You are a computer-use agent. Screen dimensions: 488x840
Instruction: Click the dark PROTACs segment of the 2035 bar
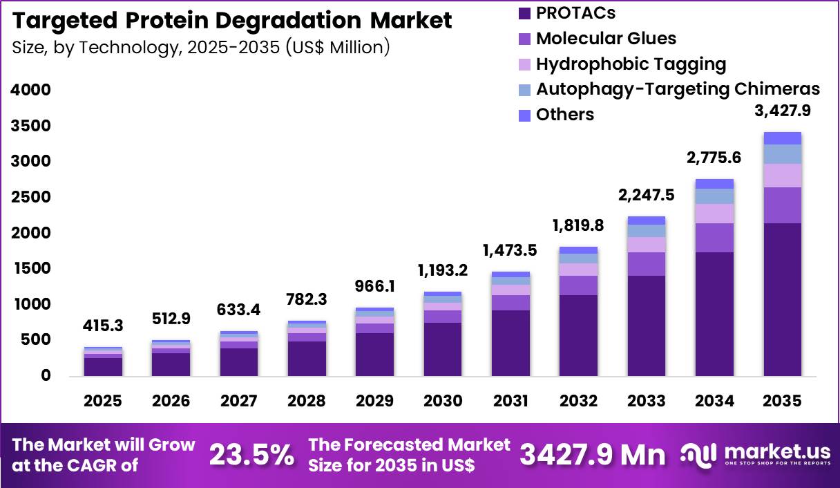coord(782,299)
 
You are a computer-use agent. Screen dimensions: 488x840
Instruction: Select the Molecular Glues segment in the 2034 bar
coord(714,238)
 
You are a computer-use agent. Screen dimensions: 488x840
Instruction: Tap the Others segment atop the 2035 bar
coord(782,138)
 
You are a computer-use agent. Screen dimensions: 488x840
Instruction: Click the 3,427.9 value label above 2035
coord(782,111)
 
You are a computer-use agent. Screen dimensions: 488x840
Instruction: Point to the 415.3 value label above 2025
coord(103,326)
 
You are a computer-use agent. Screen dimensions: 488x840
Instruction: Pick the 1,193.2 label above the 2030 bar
coord(443,270)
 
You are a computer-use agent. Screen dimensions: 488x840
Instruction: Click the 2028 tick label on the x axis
coord(307,402)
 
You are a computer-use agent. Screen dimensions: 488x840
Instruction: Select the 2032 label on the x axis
coord(579,402)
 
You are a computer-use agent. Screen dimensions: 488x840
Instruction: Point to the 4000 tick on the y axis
coord(30,90)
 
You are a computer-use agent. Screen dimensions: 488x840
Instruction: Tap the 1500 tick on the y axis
coord(30,268)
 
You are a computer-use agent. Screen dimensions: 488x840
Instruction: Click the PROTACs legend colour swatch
coord(524,12)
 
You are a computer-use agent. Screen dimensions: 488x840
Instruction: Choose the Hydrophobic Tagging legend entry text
coord(631,64)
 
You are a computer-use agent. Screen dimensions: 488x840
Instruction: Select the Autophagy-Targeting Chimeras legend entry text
coord(678,89)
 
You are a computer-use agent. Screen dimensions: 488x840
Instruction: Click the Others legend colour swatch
coord(524,115)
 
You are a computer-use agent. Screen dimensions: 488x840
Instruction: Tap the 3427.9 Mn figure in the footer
coord(593,455)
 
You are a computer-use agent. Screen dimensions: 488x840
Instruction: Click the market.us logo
coord(755,454)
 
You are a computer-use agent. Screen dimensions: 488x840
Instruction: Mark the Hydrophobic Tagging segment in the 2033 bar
coord(647,245)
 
